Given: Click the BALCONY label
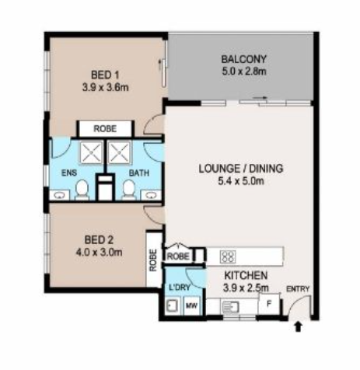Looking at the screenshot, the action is coord(243,59).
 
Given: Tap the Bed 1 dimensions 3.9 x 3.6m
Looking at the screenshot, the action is coord(106,88).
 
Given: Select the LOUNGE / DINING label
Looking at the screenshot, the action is coord(241,169).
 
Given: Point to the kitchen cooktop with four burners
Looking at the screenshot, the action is coord(228,257).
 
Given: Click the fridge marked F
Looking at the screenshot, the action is coord(269,304).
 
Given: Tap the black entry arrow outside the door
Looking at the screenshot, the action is coord(299,326).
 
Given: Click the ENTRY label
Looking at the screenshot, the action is coord(298,288).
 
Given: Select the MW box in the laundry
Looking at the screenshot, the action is coord(192,305).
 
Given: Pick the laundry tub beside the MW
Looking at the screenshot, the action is coord(172,305).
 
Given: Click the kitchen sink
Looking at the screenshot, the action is coord(230,307).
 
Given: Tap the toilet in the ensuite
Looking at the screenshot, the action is coord(82,190).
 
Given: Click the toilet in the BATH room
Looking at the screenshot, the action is coord(129,190).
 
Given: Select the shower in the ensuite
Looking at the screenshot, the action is coord(91,152).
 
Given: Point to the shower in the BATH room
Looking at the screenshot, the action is coord(119,152).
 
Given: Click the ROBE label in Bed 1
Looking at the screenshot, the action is coord(105,128).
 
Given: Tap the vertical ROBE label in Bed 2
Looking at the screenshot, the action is coord(153,260).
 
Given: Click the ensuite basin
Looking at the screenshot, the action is coord(60,195).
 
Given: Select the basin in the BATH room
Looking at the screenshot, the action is coord(151,195).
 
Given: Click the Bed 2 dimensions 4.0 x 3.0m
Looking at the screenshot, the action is coord(99,252).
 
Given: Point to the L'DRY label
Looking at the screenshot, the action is coord(180,288).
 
